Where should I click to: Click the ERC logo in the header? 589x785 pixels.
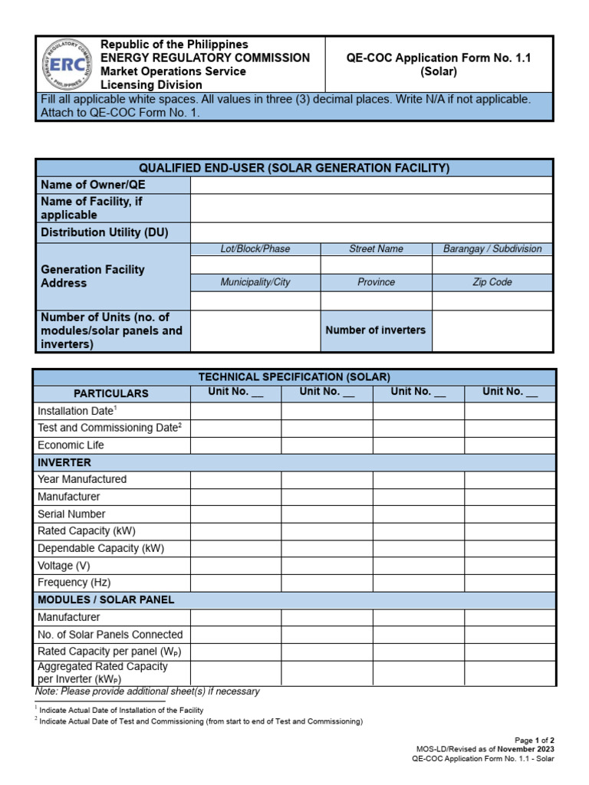[67, 64]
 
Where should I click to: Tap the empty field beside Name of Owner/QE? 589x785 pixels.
[370, 185]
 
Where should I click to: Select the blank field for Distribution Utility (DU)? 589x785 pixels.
[370, 232]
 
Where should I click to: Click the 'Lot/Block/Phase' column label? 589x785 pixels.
[255, 249]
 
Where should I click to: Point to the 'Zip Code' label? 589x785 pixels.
[492, 282]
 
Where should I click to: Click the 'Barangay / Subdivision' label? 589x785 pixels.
[492, 249]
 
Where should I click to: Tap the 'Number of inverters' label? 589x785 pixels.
[376, 330]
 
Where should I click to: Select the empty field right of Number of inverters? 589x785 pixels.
[492, 330]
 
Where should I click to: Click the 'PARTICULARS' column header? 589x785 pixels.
[111, 393]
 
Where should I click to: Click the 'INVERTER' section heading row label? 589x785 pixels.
[64, 462]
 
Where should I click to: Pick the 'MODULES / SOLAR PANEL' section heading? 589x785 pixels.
[106, 599]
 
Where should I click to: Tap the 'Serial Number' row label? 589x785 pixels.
[71, 514]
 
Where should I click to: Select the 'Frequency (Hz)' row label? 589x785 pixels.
[74, 583]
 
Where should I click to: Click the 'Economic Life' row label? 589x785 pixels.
[71, 445]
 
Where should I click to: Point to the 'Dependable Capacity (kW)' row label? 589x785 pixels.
[100, 548]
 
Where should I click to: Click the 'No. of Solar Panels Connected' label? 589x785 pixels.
[110, 635]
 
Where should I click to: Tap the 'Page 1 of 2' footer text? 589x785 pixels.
[535, 741]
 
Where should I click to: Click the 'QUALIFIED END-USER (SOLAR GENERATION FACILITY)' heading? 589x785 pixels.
[294, 168]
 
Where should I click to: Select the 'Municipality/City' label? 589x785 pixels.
[255, 282]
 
